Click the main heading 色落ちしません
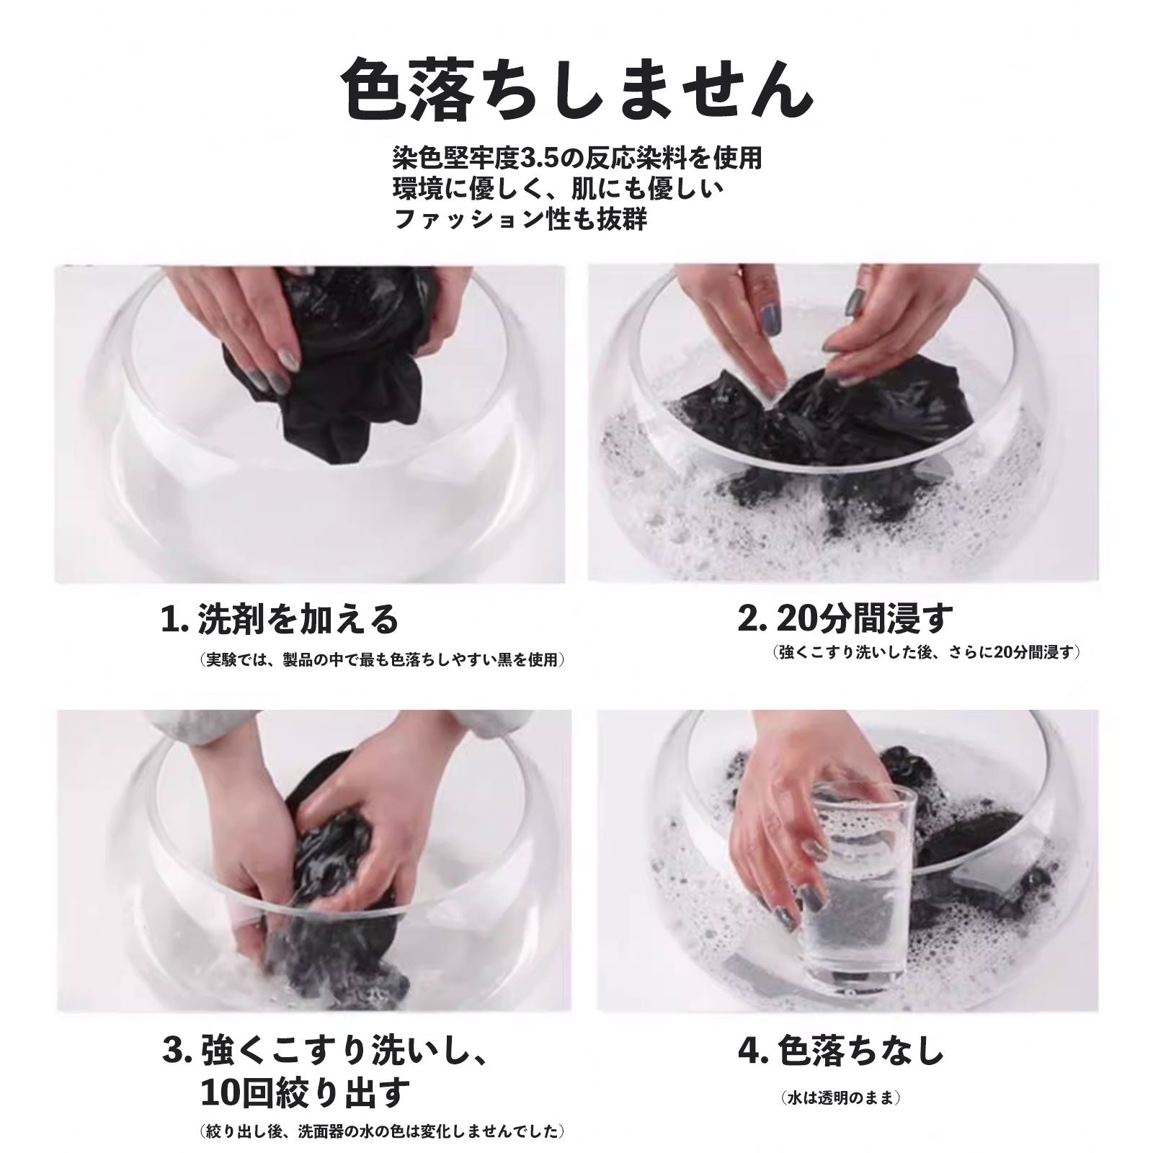[x=576, y=91]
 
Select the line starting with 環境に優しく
[x=558, y=188]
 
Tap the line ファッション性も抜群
[x=520, y=218]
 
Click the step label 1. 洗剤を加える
[x=279, y=618]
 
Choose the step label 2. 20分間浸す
[x=845, y=618]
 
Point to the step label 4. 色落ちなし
[x=840, y=1053]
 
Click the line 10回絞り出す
[x=305, y=1094]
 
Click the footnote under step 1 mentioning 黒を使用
[x=381, y=659]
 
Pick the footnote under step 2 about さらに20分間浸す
[x=927, y=653]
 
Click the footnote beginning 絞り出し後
[x=381, y=1132]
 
